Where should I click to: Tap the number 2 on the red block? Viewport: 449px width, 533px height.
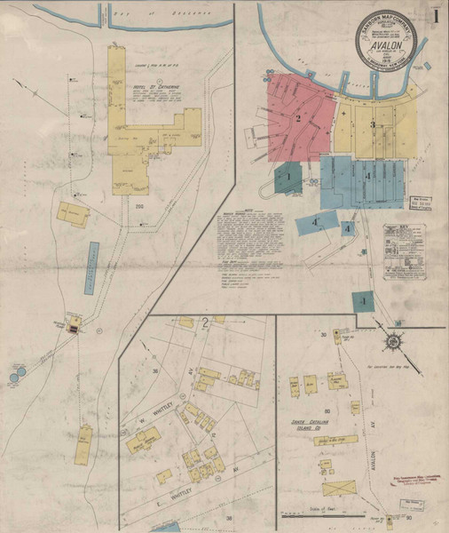click(299, 119)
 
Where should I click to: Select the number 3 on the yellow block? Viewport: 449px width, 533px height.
click(373, 123)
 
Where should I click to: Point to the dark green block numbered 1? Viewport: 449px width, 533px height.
click(288, 177)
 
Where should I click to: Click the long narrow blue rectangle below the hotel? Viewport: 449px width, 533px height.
click(93, 269)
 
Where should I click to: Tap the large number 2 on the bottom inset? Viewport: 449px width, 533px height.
click(205, 324)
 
